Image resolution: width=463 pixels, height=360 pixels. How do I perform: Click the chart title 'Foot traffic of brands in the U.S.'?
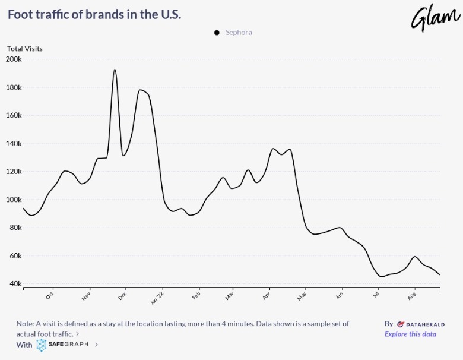pyautogui.click(x=94, y=14)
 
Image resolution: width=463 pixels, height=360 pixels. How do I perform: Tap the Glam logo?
pyautogui.click(x=435, y=18)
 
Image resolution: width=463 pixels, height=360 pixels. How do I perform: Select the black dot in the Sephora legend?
pyautogui.click(x=217, y=33)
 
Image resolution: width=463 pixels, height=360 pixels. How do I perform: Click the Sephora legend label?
pyautogui.click(x=239, y=33)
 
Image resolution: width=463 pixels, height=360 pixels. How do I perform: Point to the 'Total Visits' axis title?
pyautogui.click(x=25, y=49)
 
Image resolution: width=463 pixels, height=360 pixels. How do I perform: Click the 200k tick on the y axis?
pyautogui.click(x=14, y=59)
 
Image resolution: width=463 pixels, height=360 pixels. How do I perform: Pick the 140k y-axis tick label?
pyautogui.click(x=14, y=144)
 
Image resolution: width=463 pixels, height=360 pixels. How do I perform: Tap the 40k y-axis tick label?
pyautogui.click(x=15, y=284)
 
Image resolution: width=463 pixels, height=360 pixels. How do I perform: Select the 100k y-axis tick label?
pyautogui.click(x=14, y=200)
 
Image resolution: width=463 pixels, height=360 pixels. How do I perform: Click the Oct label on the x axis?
pyautogui.click(x=50, y=294)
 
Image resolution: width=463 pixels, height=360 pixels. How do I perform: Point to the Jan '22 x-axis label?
pyautogui.click(x=158, y=296)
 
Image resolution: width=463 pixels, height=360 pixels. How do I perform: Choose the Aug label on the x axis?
pyautogui.click(x=413, y=294)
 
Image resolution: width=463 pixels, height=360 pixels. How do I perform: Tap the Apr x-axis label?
pyautogui.click(x=267, y=294)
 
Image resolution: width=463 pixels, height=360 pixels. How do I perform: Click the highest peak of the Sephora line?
pyautogui.click(x=115, y=70)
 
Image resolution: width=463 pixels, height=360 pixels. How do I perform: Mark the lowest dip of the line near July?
pyautogui.click(x=381, y=277)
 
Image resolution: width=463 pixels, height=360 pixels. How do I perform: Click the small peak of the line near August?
pyautogui.click(x=415, y=257)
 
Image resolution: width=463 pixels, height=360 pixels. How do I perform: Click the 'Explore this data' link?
pyautogui.click(x=410, y=334)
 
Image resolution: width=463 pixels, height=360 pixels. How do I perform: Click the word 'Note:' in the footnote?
pyautogui.click(x=26, y=324)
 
